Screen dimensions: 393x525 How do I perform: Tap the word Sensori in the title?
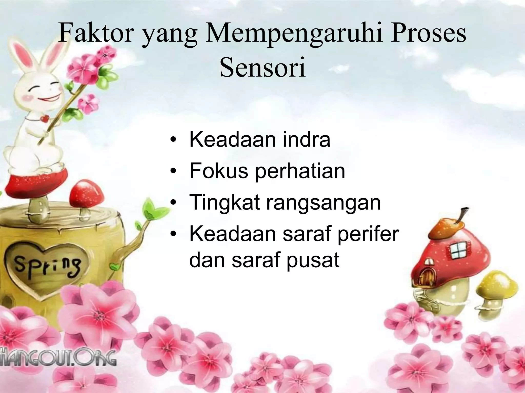click(x=262, y=68)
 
